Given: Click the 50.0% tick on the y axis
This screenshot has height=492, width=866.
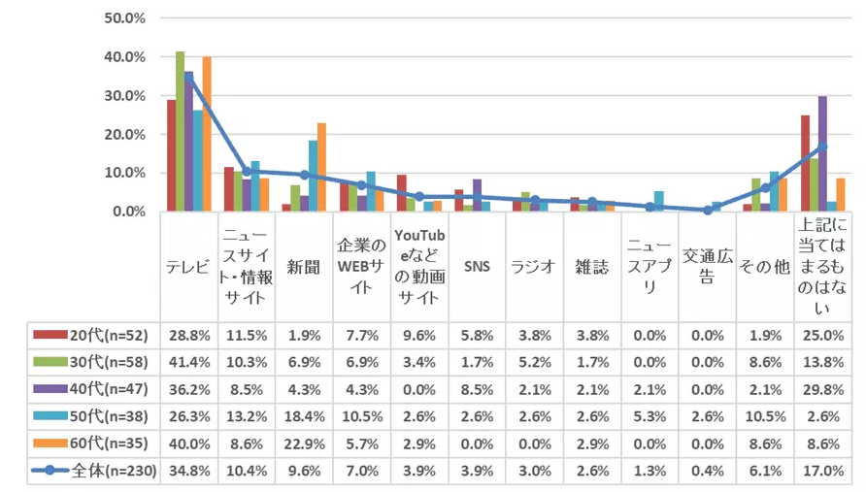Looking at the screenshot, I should pyautogui.click(x=124, y=18).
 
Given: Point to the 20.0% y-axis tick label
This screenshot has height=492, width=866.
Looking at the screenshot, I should pyautogui.click(x=124, y=134).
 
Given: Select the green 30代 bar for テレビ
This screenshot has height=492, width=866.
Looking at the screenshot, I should pyautogui.click(x=180, y=131).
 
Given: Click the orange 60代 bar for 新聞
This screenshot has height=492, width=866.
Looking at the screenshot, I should pyautogui.click(x=321, y=167).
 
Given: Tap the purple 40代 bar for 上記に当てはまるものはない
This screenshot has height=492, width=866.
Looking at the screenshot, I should pyautogui.click(x=822, y=153).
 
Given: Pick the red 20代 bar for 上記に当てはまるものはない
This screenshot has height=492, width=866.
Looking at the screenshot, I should pyautogui.click(x=805, y=163).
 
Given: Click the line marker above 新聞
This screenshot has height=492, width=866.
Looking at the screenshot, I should pyautogui.click(x=304, y=175).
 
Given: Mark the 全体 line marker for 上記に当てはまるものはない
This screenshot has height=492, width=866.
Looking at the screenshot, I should pyautogui.click(x=822, y=147).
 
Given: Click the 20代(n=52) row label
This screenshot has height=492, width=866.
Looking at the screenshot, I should pyautogui.click(x=91, y=335).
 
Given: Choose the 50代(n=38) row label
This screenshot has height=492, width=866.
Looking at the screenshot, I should pyautogui.click(x=91, y=418).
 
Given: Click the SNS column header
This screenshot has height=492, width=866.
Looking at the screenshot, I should pyautogui.click(x=477, y=266).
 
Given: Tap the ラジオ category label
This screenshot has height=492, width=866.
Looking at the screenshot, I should pyautogui.click(x=534, y=266).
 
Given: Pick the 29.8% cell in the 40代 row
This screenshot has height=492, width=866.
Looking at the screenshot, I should pyautogui.click(x=822, y=390).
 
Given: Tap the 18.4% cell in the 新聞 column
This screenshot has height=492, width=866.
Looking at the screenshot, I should pyautogui.click(x=304, y=418).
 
